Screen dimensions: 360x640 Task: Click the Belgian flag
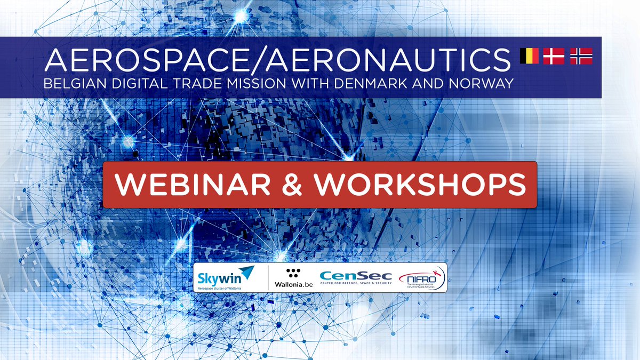529,56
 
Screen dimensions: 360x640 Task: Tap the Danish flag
554,56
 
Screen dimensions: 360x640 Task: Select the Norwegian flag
581,56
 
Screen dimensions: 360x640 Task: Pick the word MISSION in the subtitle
256,84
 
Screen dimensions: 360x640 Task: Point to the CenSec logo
355,277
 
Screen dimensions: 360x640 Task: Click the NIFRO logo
422,277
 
